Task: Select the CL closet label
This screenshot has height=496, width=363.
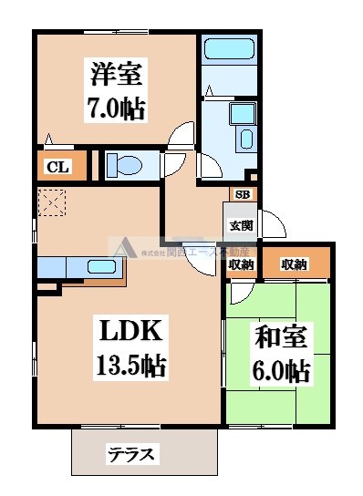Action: pyautogui.click(x=57, y=167)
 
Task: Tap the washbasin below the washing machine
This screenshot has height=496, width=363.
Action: pyautogui.click(x=245, y=139)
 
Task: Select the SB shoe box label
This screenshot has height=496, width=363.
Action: pyautogui.click(x=244, y=194)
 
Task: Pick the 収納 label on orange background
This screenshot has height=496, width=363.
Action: pyautogui.click(x=294, y=264)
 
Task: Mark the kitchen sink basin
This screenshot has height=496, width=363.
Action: pyautogui.click(x=99, y=267)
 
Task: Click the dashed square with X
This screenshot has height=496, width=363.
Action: pyautogui.click(x=50, y=202)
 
